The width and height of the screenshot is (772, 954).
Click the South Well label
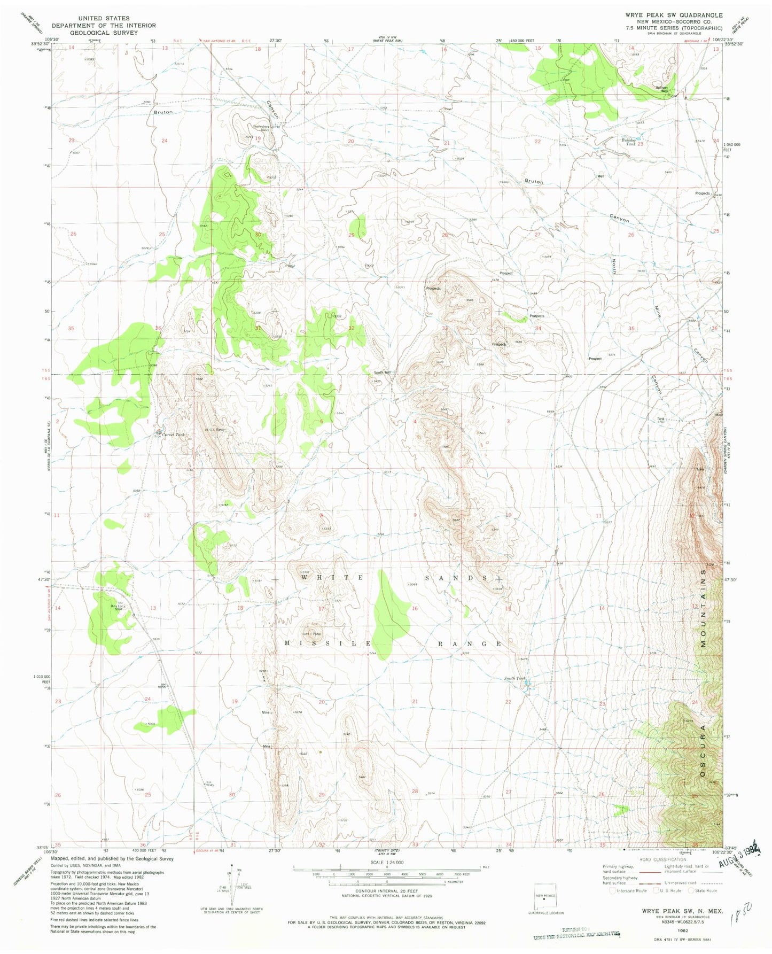click(383, 373)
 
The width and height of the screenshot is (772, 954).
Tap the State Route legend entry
click(703, 890)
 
